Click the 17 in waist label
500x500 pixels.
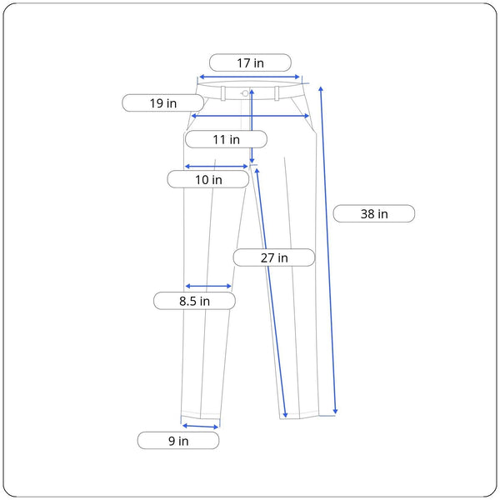point(250,62)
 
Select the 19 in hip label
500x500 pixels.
point(163,103)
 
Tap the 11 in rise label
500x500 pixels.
point(226,139)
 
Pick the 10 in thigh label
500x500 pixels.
point(208,179)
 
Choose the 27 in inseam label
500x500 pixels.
point(274,257)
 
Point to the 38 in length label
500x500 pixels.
point(374,213)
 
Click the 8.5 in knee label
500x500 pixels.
point(194,301)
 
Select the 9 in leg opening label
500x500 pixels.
point(178,441)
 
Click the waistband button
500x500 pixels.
point(245,93)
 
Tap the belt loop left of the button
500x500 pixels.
point(223,93)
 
